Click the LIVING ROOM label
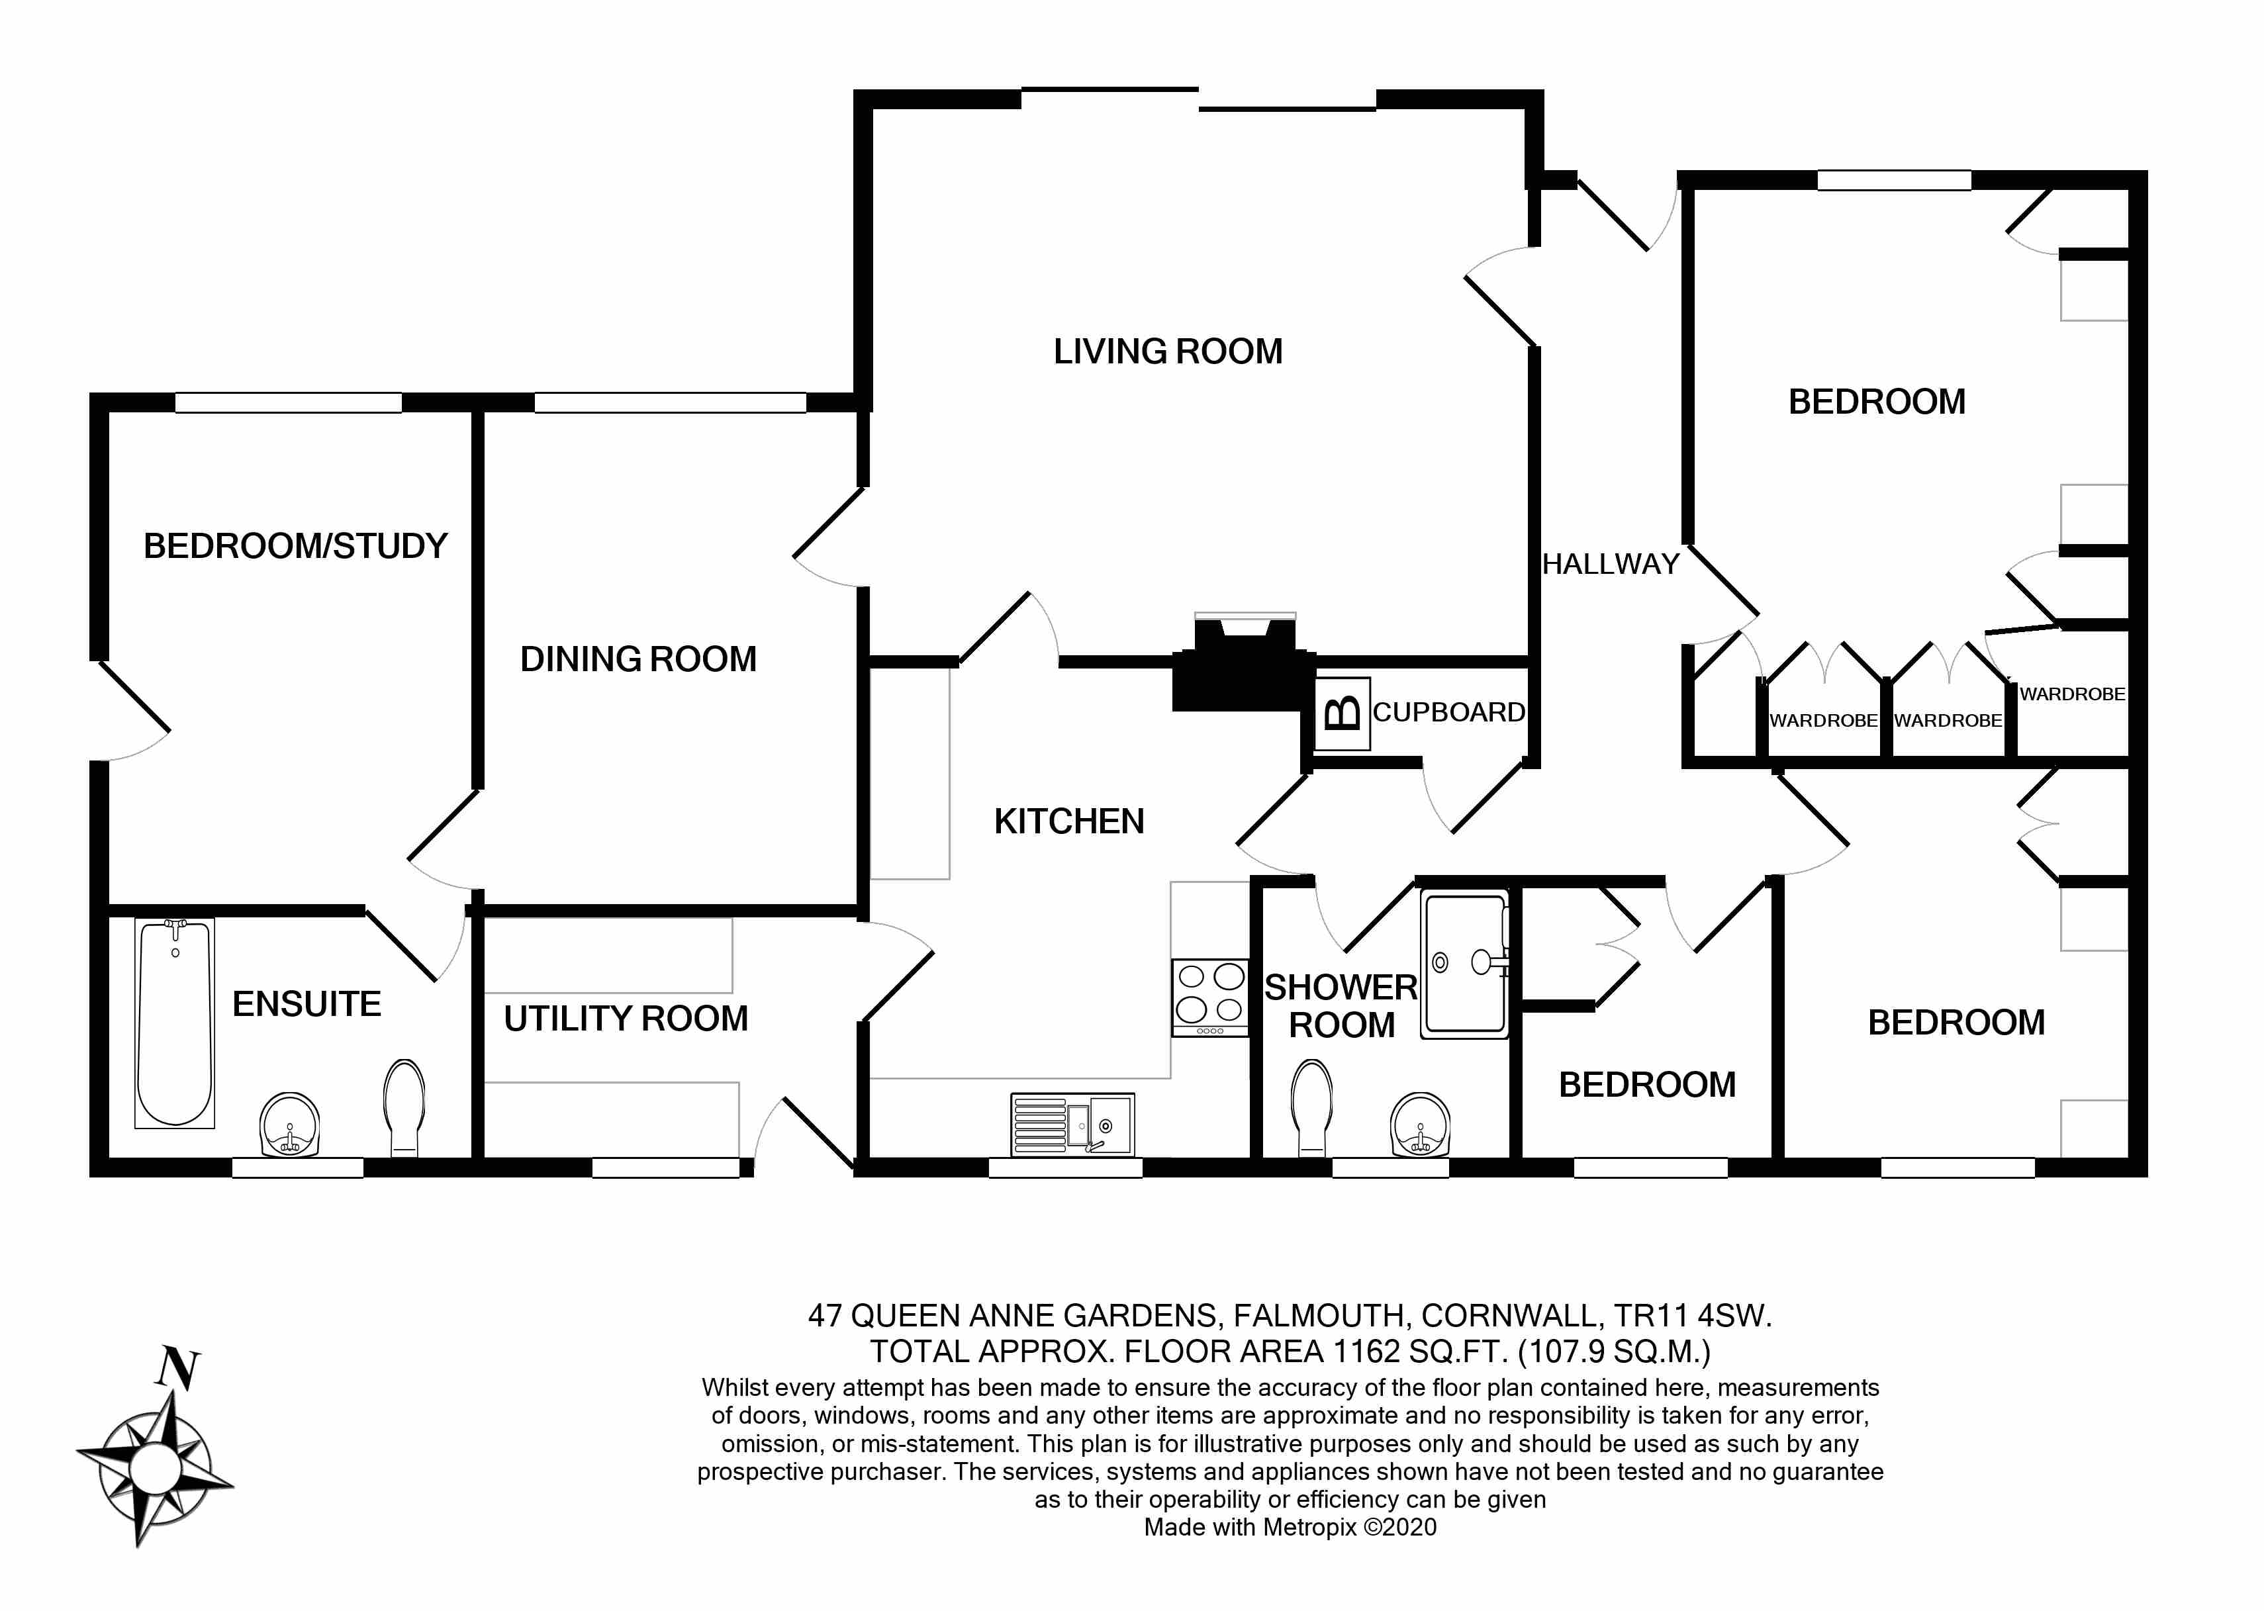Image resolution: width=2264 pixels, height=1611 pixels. click(1168, 351)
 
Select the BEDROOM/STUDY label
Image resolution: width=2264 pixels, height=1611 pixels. click(296, 545)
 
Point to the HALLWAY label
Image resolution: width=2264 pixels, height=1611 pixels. click(1610, 565)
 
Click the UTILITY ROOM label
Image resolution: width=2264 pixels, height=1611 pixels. click(626, 1019)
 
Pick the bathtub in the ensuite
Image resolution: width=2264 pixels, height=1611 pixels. click(175, 1023)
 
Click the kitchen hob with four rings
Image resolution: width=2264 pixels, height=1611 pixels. click(1209, 996)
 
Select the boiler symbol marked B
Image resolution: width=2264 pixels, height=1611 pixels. click(1343, 713)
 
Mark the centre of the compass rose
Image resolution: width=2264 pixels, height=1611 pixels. click(154, 1462)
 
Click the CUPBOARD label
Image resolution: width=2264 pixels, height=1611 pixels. click(1448, 712)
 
